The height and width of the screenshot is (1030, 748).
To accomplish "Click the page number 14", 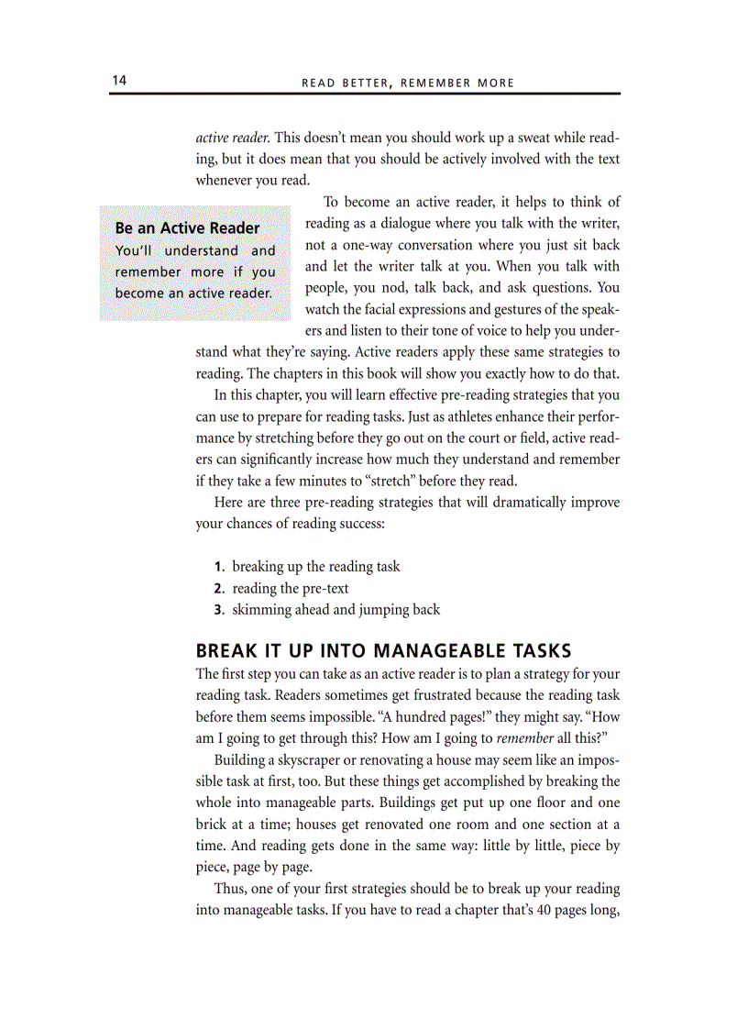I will click(x=119, y=81).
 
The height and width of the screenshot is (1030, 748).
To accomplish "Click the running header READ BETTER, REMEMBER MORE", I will click(x=408, y=83).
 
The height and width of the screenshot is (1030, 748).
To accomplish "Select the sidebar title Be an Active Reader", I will click(x=187, y=227).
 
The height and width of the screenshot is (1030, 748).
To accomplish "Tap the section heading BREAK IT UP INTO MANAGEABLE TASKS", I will click(x=384, y=651).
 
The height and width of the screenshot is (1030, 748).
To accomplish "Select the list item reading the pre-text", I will click(x=290, y=589).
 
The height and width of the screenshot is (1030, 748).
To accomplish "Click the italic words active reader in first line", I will click(x=233, y=138).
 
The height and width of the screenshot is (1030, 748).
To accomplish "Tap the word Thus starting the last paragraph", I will click(x=229, y=889).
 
